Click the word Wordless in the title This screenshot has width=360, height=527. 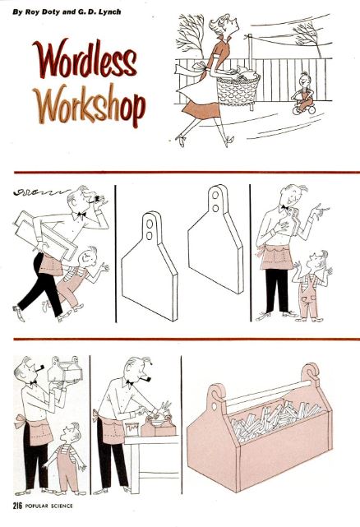click(x=85, y=58)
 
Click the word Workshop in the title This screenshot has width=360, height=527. click(x=90, y=104)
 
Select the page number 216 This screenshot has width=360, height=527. click(x=17, y=506)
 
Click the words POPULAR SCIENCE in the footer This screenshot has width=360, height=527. click(x=48, y=506)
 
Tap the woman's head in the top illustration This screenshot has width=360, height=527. click(x=224, y=25)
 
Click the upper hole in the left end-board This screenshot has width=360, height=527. click(x=150, y=224)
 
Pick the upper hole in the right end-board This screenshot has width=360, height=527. click(x=215, y=196)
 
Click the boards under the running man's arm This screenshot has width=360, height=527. click(x=47, y=234)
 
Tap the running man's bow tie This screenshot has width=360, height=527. click(x=81, y=214)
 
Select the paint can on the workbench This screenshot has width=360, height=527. click(x=132, y=429)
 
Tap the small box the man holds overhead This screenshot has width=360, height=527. click(x=65, y=369)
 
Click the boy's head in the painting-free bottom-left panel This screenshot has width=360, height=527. click(x=72, y=433)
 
